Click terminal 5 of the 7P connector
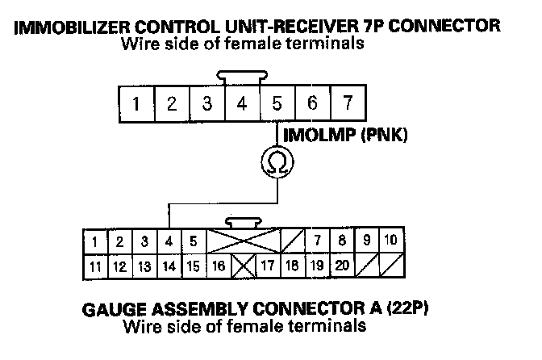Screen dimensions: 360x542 [277, 104]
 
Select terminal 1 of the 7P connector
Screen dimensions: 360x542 [137, 104]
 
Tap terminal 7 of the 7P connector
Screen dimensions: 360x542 [347, 104]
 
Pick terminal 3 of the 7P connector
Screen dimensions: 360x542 [207, 104]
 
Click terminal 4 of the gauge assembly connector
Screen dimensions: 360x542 [169, 241]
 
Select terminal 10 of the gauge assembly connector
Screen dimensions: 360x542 [390, 240]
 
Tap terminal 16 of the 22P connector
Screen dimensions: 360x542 [219, 265]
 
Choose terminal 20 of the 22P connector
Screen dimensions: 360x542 [342, 264]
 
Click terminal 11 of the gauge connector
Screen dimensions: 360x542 [96, 265]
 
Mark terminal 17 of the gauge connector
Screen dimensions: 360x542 [268, 264]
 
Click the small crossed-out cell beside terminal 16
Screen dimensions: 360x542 [243, 265]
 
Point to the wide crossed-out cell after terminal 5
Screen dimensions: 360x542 [244, 241]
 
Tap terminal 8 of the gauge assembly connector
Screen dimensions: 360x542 [342, 240]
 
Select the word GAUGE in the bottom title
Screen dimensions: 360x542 [114, 310]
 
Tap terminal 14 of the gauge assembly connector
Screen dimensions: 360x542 [169, 265]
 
